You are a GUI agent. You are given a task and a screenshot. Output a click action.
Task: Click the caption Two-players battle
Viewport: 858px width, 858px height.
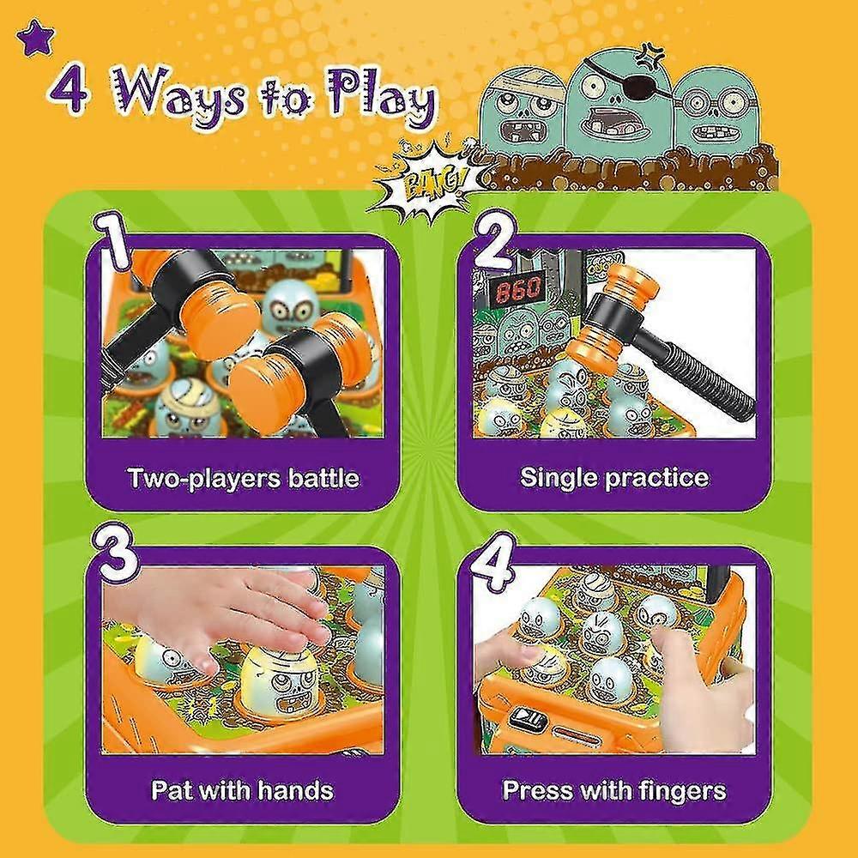click(x=243, y=478)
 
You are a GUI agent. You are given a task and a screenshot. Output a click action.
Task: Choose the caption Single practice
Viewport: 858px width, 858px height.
click(x=614, y=478)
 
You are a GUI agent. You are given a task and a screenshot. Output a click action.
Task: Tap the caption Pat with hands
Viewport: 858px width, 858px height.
click(x=243, y=789)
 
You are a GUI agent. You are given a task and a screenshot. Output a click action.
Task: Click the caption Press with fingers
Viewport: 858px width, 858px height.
click(x=614, y=789)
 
